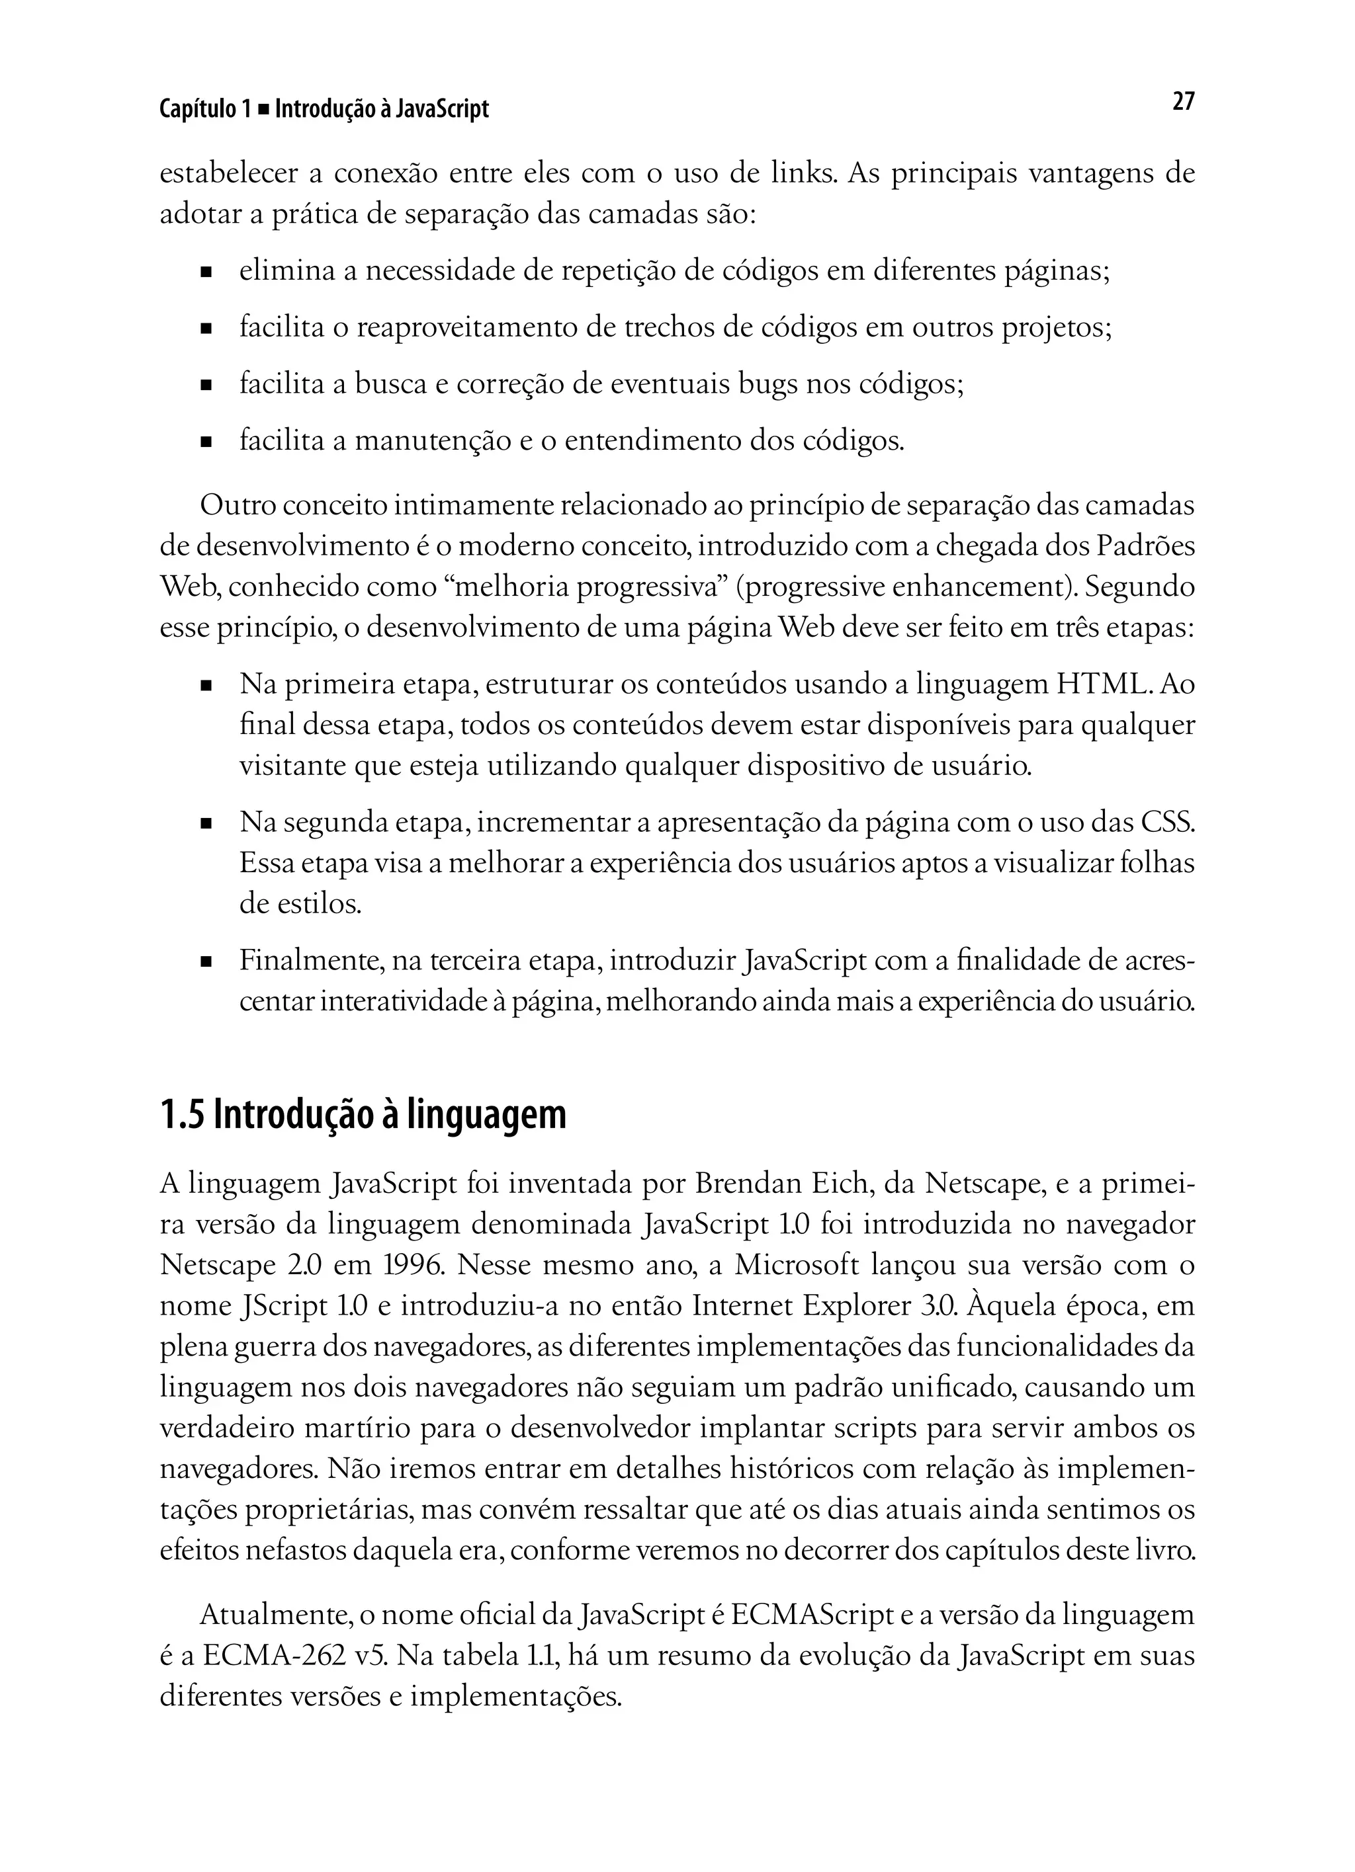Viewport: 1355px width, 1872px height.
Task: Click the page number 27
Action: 1182,102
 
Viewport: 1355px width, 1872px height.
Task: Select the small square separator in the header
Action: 263,110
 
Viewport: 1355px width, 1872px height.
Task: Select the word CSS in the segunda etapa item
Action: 1166,823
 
